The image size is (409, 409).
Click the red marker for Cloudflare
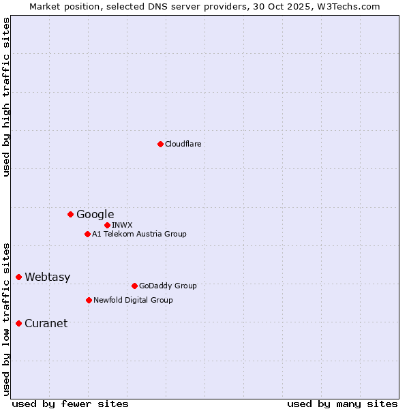[160, 144]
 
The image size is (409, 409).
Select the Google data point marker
[70, 214]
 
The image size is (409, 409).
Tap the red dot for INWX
[107, 225]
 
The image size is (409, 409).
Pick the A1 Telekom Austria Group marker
[87, 234]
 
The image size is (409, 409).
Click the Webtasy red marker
[18, 277]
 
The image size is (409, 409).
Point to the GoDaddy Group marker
[134, 286]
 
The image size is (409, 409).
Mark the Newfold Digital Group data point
[89, 300]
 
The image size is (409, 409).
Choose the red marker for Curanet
[18, 323]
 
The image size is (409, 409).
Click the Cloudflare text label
[183, 144]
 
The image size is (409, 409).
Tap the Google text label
[95, 214]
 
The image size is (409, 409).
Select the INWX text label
[123, 225]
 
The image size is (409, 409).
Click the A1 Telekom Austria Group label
[140, 234]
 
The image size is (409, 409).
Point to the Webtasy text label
[48, 277]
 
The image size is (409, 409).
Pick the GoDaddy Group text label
[168, 286]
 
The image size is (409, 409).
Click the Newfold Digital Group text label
[134, 300]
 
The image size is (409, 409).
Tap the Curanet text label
[46, 323]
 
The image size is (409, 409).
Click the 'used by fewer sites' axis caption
[70, 404]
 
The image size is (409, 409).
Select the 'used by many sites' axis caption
[342, 404]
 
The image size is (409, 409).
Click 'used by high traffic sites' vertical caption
[6, 97]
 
